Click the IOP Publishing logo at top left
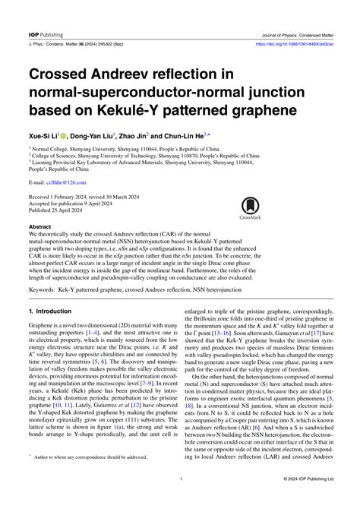[x=43, y=12]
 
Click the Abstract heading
[x=40, y=226]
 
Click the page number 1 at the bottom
[x=180, y=501]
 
